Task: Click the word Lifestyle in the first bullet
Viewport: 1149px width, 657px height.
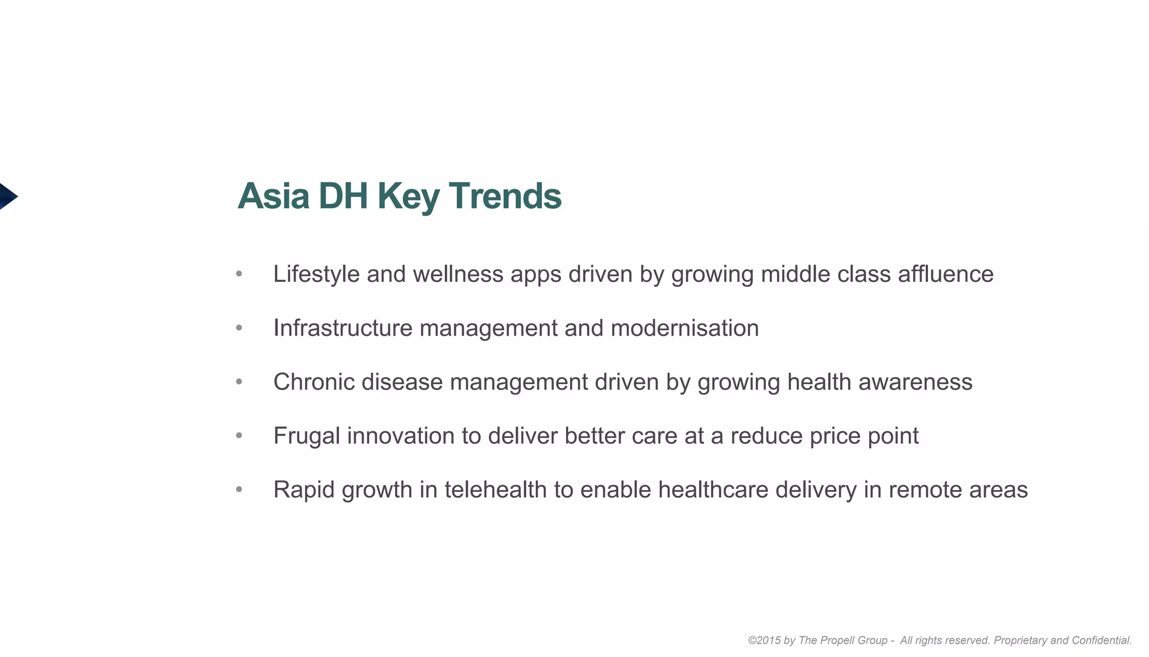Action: [316, 274]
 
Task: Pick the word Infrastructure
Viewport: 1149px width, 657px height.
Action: [342, 328]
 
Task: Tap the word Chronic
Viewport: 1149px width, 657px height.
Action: [314, 382]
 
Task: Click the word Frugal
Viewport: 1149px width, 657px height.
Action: [306, 436]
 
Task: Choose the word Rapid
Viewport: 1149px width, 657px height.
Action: [304, 490]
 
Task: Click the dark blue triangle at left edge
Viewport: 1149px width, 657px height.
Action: [7, 196]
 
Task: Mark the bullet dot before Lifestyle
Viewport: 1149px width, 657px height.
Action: [239, 274]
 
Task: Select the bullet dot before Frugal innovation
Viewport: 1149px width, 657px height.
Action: [239, 436]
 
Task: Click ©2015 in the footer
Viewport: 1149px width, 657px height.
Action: [764, 640]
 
